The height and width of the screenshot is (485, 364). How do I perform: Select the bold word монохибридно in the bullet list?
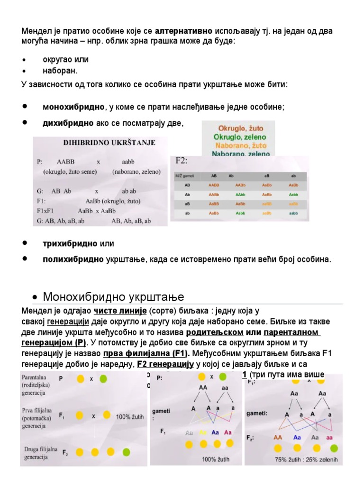pos(73,107)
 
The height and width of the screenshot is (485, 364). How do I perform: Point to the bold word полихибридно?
pos(73,259)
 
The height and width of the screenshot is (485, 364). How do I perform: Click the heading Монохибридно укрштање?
pos(113,297)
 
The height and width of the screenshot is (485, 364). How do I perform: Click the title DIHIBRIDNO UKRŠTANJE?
pos(109,142)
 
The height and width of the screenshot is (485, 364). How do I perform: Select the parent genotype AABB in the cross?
pos(65,162)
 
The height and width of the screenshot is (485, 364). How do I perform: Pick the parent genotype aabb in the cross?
pos(128,162)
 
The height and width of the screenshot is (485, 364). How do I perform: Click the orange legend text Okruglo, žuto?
pos(241,128)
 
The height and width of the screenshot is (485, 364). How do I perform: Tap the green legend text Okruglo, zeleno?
pos(241,137)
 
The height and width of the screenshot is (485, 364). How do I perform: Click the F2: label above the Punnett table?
pos(182,160)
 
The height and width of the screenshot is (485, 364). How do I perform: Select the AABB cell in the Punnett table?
pos(214,185)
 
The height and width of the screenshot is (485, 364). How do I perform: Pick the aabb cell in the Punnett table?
pos(293,214)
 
